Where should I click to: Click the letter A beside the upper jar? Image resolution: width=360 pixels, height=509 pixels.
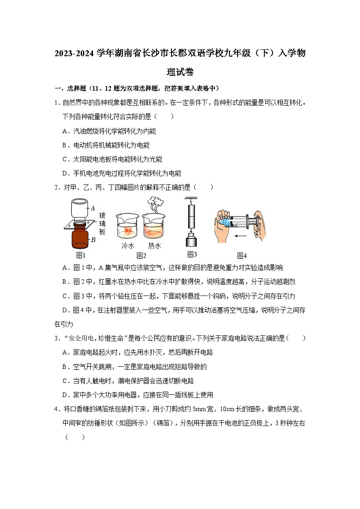pos(93,208)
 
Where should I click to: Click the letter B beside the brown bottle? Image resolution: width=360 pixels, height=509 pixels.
pos(93,240)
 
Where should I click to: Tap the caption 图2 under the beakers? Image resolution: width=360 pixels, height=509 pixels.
pos(141,256)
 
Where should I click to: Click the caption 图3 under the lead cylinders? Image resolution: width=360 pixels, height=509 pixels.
pos(192,254)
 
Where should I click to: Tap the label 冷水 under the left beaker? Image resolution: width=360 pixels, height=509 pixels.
pos(127,246)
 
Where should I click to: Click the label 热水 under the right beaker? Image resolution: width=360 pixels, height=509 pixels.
pos(155,246)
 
